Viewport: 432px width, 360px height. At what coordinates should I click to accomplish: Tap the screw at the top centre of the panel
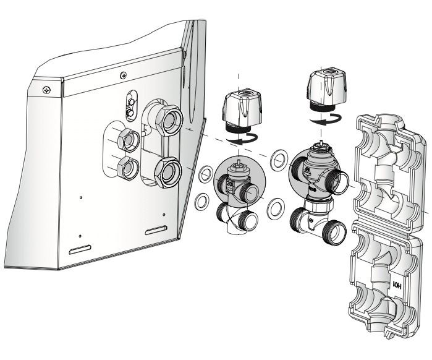coord(124,74)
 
